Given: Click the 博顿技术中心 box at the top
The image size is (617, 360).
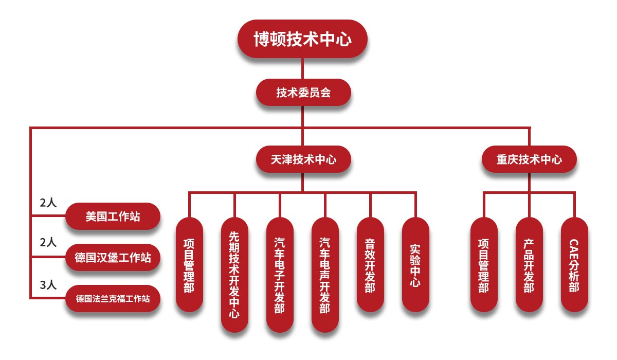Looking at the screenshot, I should [303, 39].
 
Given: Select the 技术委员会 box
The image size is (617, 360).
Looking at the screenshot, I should [303, 93].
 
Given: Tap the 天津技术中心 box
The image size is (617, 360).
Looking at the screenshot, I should [303, 159].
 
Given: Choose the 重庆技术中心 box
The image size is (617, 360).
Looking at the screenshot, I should [529, 159].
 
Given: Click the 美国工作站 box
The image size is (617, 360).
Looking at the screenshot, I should [113, 217].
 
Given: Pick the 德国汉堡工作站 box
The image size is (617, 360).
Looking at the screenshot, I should [113, 257].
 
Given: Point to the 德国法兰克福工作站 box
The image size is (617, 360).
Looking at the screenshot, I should [113, 298].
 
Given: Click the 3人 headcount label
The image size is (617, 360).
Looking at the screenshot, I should [48, 284].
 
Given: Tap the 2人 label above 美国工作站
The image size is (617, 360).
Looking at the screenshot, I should [48, 203].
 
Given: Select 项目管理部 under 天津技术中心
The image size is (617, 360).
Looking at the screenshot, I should [189, 264].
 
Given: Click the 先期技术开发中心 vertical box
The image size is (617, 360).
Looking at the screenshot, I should [234, 275].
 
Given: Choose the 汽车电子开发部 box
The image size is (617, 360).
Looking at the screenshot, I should [280, 275].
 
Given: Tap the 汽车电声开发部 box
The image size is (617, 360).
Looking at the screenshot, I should [325, 275].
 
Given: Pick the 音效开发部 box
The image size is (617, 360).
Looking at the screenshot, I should [370, 264].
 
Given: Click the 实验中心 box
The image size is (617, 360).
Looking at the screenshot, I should [415, 264].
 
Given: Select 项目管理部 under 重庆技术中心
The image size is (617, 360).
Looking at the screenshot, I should [484, 264].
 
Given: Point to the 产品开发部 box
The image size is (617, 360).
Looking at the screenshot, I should [529, 264].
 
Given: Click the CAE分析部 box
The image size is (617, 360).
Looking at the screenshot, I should [574, 264].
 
